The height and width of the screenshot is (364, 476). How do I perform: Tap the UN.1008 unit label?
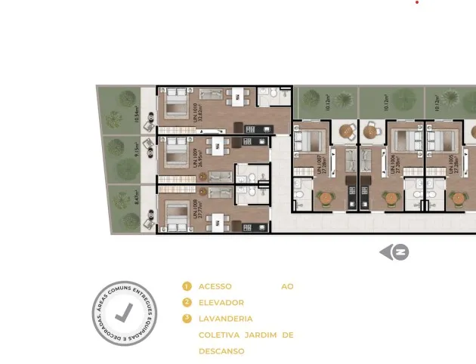click(197, 206)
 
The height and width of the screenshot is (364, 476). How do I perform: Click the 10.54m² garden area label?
click(137, 114)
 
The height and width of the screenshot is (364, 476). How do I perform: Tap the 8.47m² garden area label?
click(137, 199)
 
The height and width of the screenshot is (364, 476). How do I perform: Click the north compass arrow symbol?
click(394, 252)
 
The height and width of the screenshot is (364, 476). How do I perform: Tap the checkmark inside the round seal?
click(125, 313)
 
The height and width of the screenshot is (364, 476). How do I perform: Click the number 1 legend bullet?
click(187, 286)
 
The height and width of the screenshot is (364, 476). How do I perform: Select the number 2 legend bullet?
click(187, 303)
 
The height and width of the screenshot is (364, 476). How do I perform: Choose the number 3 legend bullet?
click(187, 319)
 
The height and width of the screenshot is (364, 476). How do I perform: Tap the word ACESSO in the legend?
click(215, 286)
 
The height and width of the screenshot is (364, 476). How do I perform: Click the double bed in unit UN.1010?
click(175, 103)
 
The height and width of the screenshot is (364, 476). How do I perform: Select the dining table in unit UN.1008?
click(218, 219)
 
